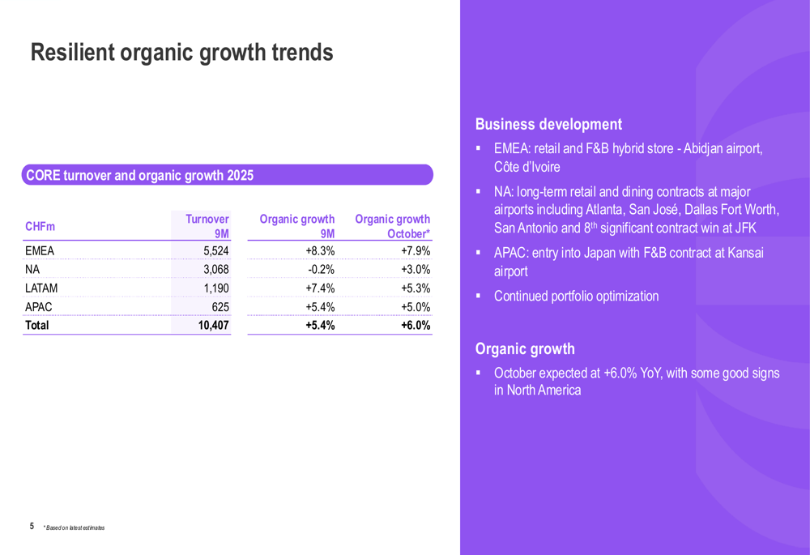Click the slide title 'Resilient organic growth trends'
(181, 53)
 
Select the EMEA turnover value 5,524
(215, 251)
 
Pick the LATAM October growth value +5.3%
(416, 288)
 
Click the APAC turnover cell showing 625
(220, 307)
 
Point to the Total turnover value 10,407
(213, 326)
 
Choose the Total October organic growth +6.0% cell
(416, 326)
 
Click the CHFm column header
(40, 227)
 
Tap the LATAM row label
(41, 288)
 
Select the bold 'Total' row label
(37, 326)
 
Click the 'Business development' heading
(548, 125)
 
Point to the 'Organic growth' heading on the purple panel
(525, 349)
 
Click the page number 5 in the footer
(32, 527)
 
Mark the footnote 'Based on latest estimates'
(75, 528)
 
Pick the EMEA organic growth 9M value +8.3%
(321, 251)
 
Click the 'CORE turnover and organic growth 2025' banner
(140, 176)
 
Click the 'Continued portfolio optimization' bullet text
(576, 297)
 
